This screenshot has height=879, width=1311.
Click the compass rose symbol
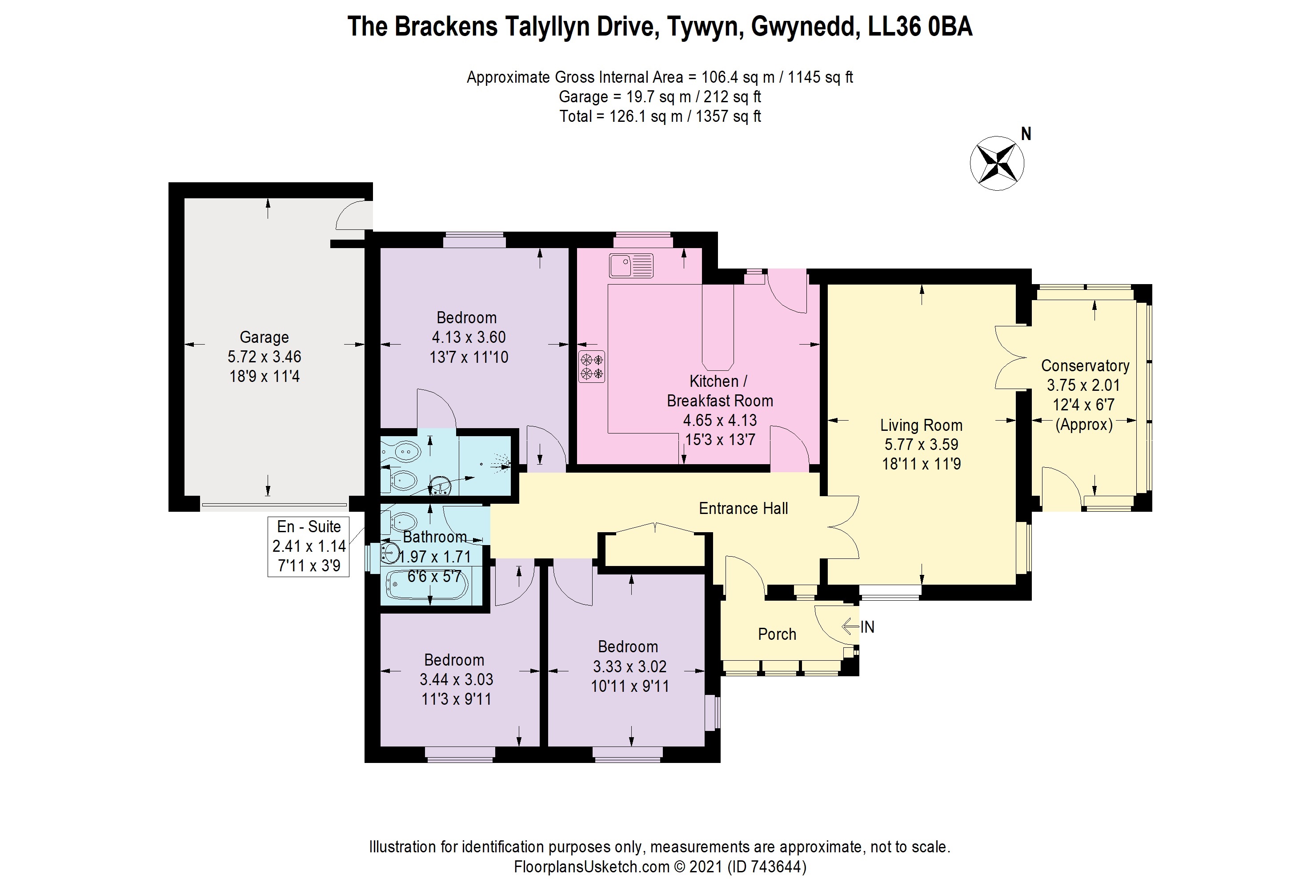tap(997, 163)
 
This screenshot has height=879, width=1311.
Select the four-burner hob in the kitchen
tap(592, 366)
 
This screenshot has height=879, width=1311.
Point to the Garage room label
tap(264, 337)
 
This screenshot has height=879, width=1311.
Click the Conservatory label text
tap(1085, 366)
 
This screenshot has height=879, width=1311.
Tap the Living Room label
tap(921, 425)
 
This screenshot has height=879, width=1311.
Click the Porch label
tap(777, 634)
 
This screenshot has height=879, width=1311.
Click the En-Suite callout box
tap(308, 546)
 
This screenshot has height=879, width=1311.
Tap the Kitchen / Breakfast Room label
tap(720, 391)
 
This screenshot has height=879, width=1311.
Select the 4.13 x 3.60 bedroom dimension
tap(469, 337)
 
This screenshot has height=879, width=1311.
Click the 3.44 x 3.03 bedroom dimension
tap(456, 679)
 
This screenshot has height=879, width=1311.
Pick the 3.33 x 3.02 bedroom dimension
tap(630, 666)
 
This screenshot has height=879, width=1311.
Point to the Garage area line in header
tap(660, 97)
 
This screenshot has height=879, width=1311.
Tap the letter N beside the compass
tap(1026, 134)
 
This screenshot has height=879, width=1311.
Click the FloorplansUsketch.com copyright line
tap(660, 867)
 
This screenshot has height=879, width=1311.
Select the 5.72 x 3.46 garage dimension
tap(264, 357)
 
